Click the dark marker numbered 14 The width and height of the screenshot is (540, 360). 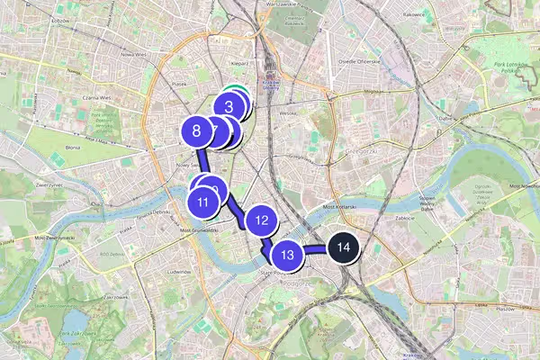tap(342, 247)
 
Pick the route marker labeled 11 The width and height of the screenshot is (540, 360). tap(203, 202)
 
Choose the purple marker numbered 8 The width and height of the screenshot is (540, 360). tap(196, 131)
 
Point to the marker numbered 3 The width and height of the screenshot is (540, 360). tap(229, 107)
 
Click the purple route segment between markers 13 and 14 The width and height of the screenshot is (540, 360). tap(315, 247)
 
